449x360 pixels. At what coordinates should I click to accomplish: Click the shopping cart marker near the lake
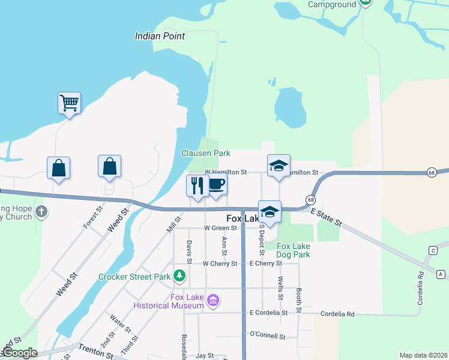tap(70, 103)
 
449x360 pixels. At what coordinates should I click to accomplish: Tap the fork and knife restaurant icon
tap(196, 185)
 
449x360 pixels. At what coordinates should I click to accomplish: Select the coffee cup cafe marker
tap(217, 184)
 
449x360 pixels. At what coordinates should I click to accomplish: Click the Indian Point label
tap(160, 36)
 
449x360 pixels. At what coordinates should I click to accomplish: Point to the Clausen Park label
tap(206, 153)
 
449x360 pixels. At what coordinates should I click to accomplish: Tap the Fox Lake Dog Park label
tap(293, 250)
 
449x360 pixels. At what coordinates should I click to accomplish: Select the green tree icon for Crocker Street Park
tap(179, 276)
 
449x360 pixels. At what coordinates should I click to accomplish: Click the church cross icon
tap(41, 212)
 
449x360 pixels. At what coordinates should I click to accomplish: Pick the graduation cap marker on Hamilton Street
tap(278, 166)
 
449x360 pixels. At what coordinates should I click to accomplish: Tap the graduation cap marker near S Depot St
tap(270, 212)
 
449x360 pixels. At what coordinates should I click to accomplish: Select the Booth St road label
tap(298, 301)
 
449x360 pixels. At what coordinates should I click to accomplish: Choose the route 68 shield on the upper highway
tap(432, 173)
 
